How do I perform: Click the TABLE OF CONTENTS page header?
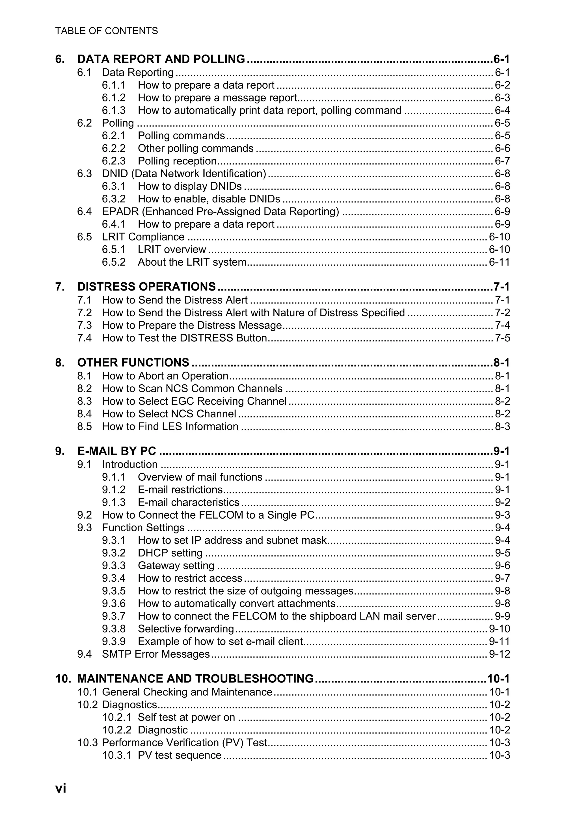(x=106, y=31)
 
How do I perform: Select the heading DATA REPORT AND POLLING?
(x=161, y=59)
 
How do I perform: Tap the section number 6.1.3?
(x=113, y=110)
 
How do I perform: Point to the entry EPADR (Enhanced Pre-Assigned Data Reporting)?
(x=221, y=211)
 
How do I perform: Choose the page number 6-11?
(x=499, y=262)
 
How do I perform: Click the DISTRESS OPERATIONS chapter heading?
(x=146, y=287)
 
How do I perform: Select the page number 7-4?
(x=502, y=325)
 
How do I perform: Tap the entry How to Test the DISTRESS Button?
(x=184, y=338)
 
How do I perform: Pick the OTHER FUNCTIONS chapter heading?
(x=133, y=362)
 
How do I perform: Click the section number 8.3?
(x=85, y=401)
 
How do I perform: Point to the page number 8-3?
(x=502, y=427)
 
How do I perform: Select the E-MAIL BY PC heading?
(x=117, y=451)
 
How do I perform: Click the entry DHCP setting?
(x=170, y=553)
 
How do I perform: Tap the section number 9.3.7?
(x=113, y=616)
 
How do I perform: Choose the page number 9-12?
(x=499, y=654)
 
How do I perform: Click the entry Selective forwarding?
(x=185, y=629)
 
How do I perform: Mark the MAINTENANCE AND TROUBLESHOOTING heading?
(x=195, y=679)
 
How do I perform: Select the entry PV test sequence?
(x=180, y=755)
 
